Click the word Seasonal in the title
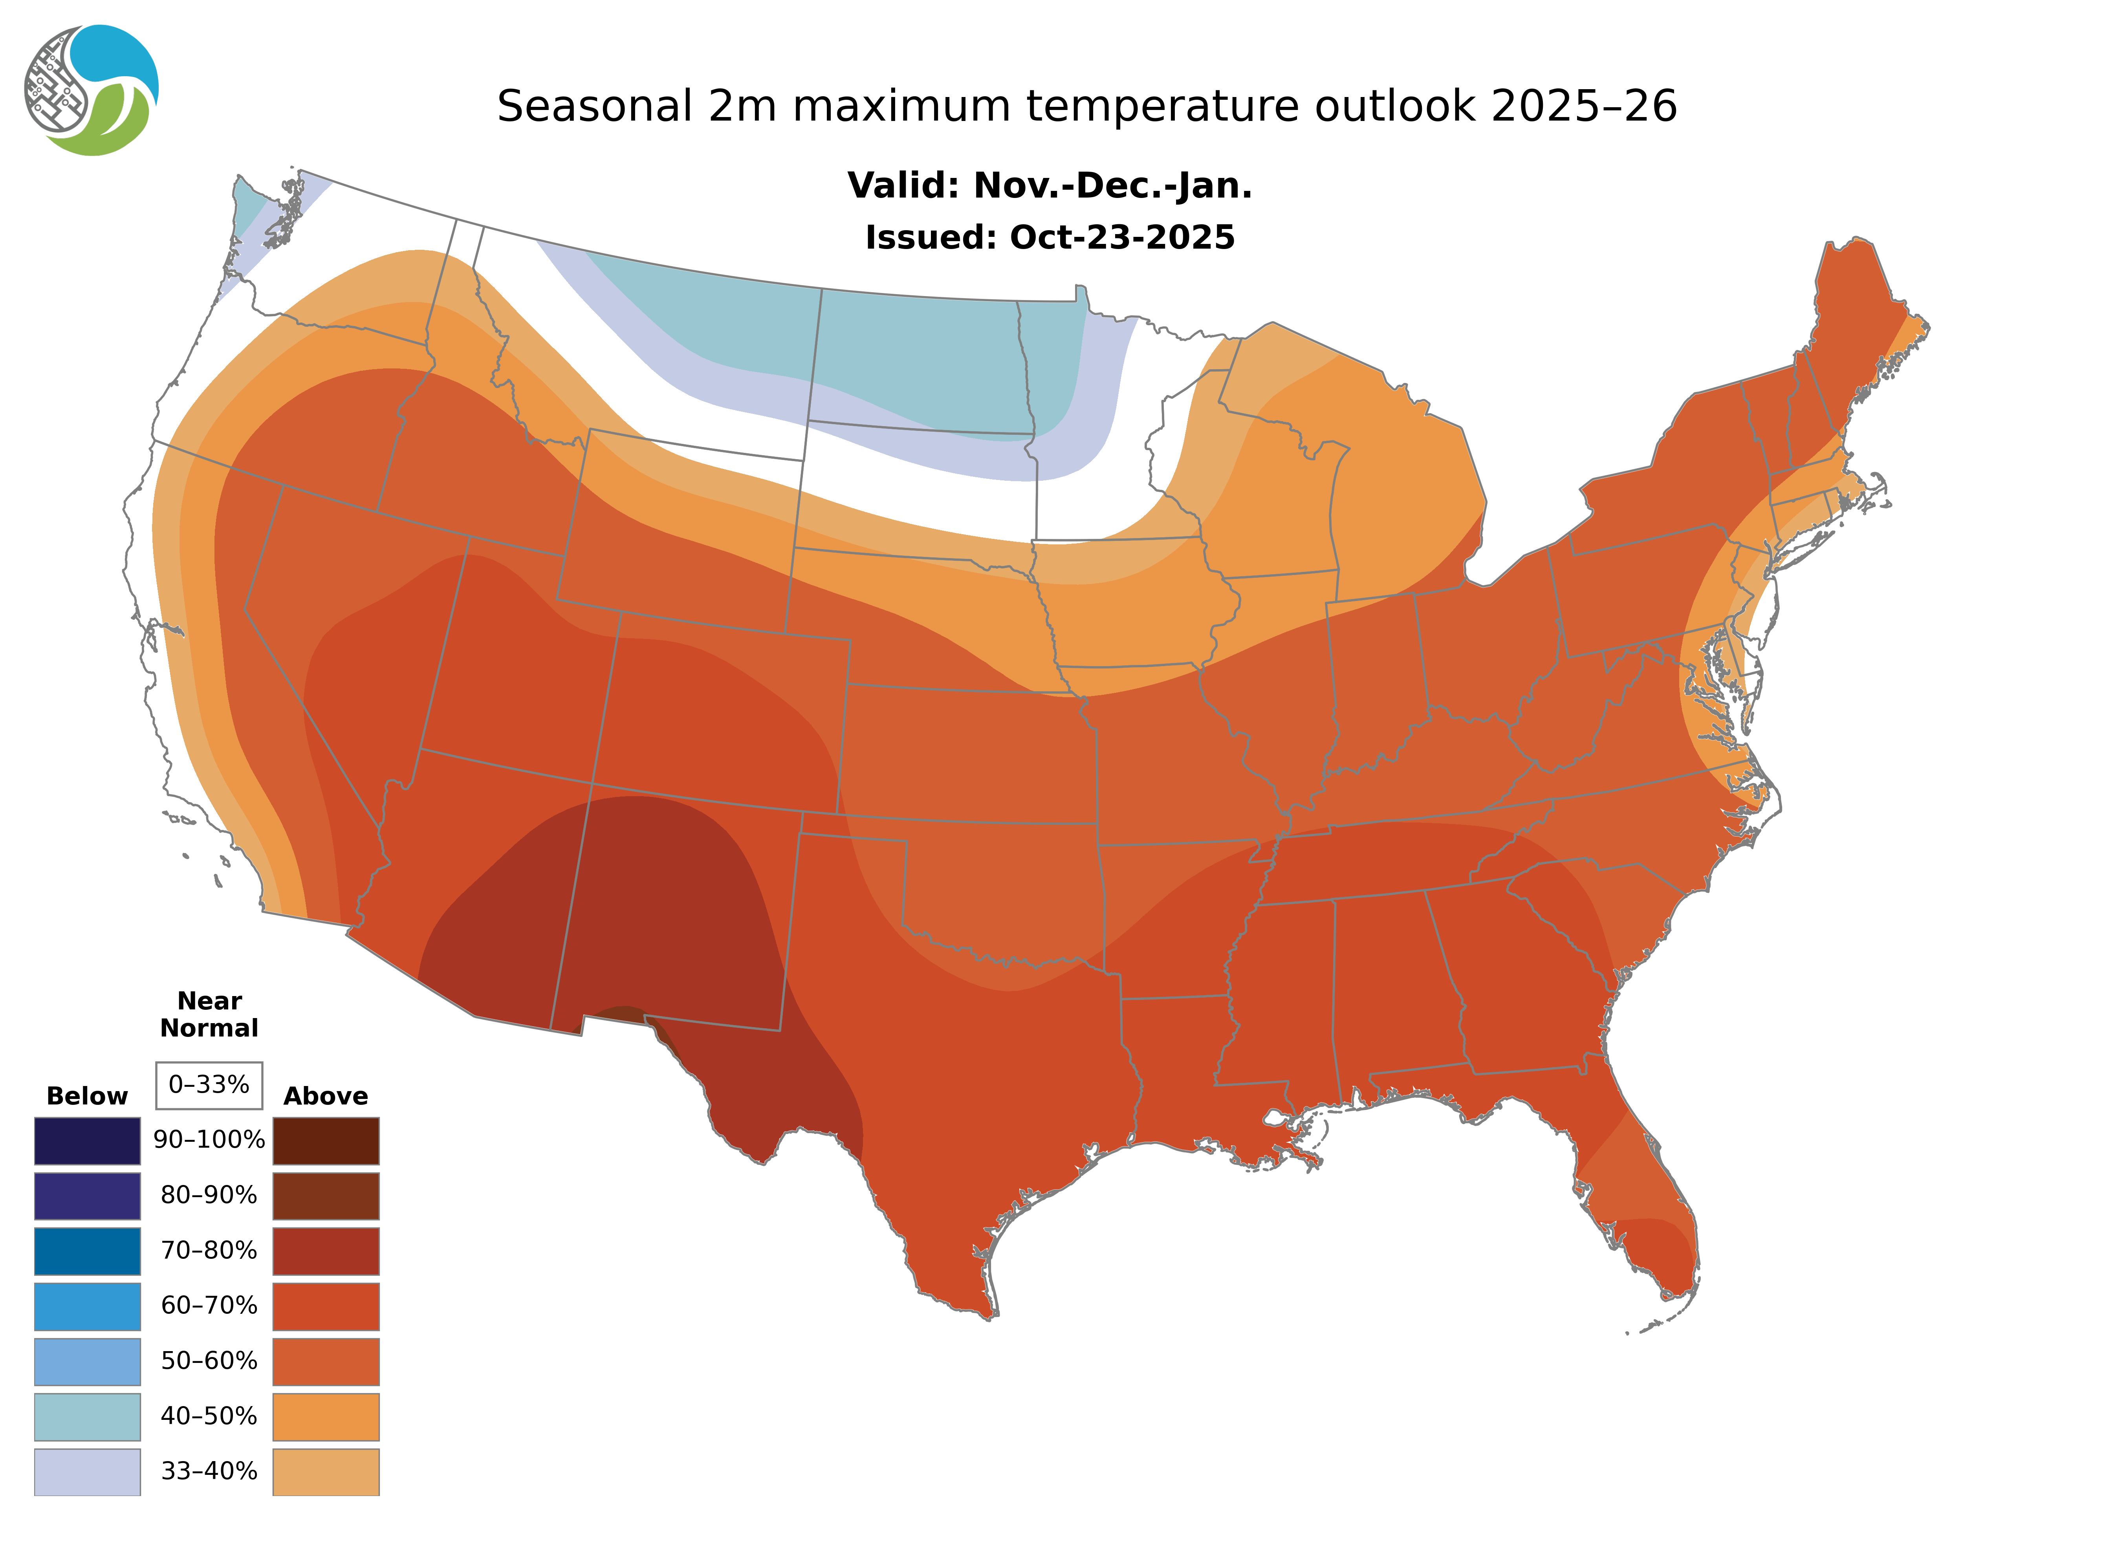[x=595, y=106]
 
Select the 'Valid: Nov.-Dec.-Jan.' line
[x=1049, y=186]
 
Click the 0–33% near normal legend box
[x=209, y=1085]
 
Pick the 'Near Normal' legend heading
[x=209, y=1015]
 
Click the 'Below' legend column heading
[x=87, y=1096]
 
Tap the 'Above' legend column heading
[x=326, y=1096]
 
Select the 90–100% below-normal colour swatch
[x=87, y=1141]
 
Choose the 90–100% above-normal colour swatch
[x=326, y=1141]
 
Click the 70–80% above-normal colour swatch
[x=326, y=1251]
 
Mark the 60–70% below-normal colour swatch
[x=87, y=1306]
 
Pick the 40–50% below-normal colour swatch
[x=87, y=1416]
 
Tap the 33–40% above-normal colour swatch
[x=326, y=1471]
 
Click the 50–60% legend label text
[x=209, y=1361]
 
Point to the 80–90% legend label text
[x=209, y=1196]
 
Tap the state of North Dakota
[x=920, y=364]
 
